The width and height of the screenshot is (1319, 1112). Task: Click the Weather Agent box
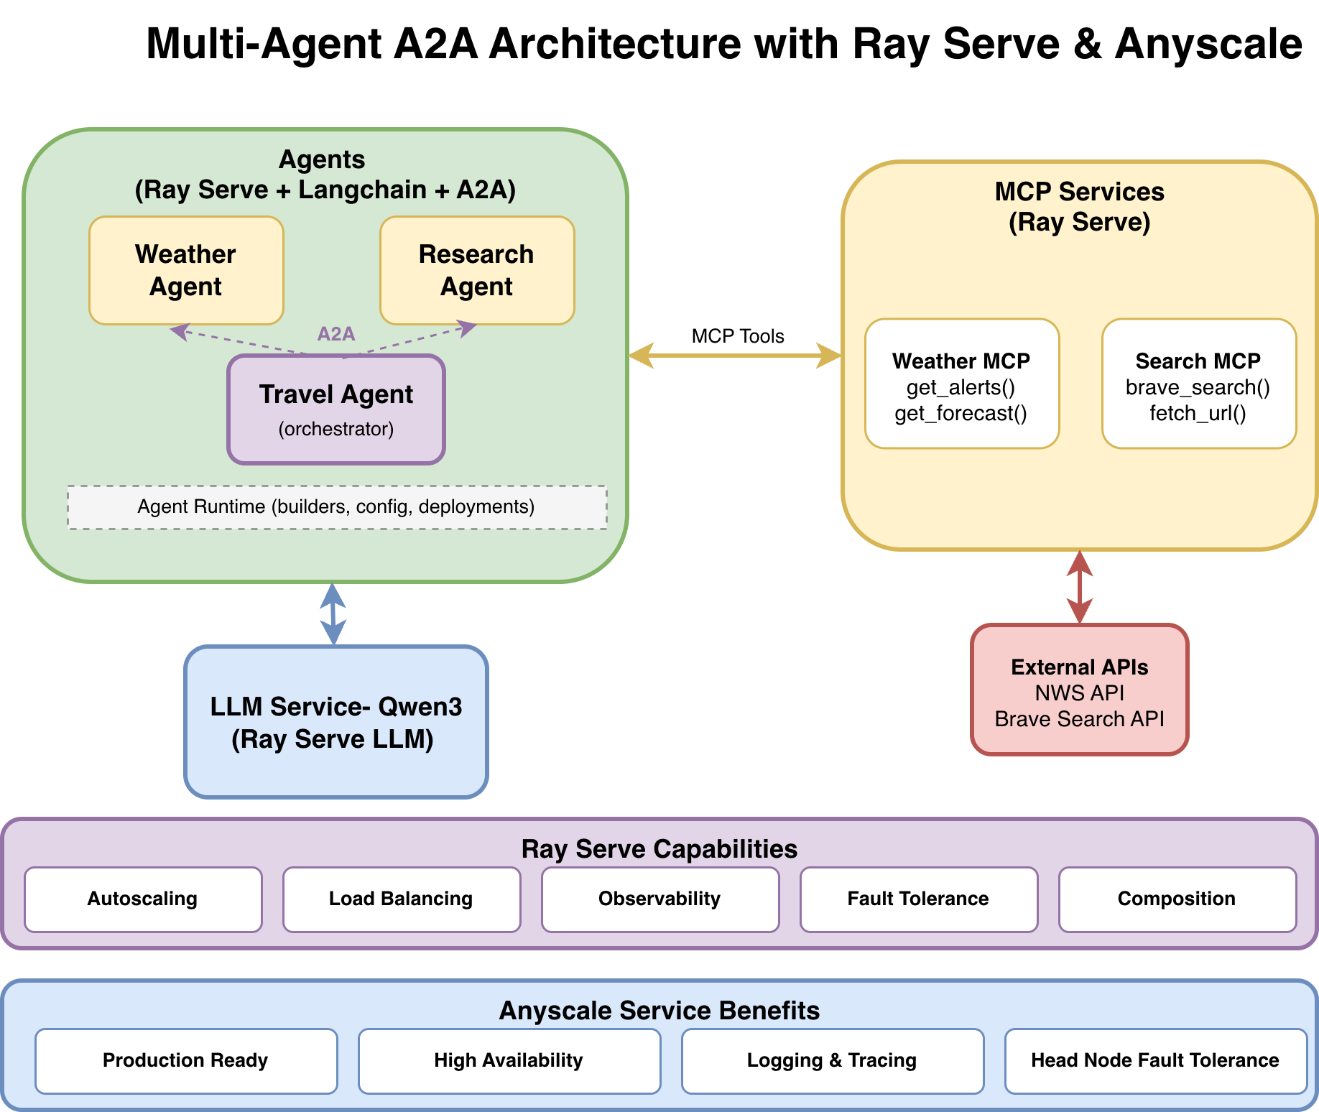pyautogui.click(x=186, y=270)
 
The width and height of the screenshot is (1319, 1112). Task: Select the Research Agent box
pyautogui.click(x=477, y=270)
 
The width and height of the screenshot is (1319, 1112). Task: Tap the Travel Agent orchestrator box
pyautogui.click(x=336, y=409)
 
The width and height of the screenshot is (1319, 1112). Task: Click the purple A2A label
pyautogui.click(x=336, y=334)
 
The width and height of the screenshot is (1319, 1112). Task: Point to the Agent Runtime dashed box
pyautogui.click(x=336, y=507)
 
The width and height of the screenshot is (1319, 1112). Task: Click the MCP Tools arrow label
pyautogui.click(x=737, y=336)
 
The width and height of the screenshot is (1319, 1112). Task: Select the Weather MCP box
pyautogui.click(x=961, y=383)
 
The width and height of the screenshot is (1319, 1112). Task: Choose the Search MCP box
pyautogui.click(x=1198, y=383)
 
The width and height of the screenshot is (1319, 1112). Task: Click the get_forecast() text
pyautogui.click(x=961, y=414)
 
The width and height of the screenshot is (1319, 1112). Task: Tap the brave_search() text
pyautogui.click(x=1198, y=388)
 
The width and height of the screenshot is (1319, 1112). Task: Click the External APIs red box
pyautogui.click(x=1079, y=690)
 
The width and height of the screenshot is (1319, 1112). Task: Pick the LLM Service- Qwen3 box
pyautogui.click(x=336, y=722)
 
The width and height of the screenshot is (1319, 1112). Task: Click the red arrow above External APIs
pyautogui.click(x=1080, y=587)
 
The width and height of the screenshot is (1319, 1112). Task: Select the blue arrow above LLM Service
pyautogui.click(x=333, y=613)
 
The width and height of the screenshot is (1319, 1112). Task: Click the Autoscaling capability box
pyautogui.click(x=143, y=899)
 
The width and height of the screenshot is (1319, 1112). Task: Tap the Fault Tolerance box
pyautogui.click(x=918, y=899)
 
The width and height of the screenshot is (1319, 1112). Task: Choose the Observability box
pyautogui.click(x=659, y=899)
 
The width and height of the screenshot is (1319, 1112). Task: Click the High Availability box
pyautogui.click(x=509, y=1061)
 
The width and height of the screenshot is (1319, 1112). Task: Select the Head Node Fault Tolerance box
pyautogui.click(x=1154, y=1061)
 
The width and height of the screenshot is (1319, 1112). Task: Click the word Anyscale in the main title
pyautogui.click(x=1208, y=44)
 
